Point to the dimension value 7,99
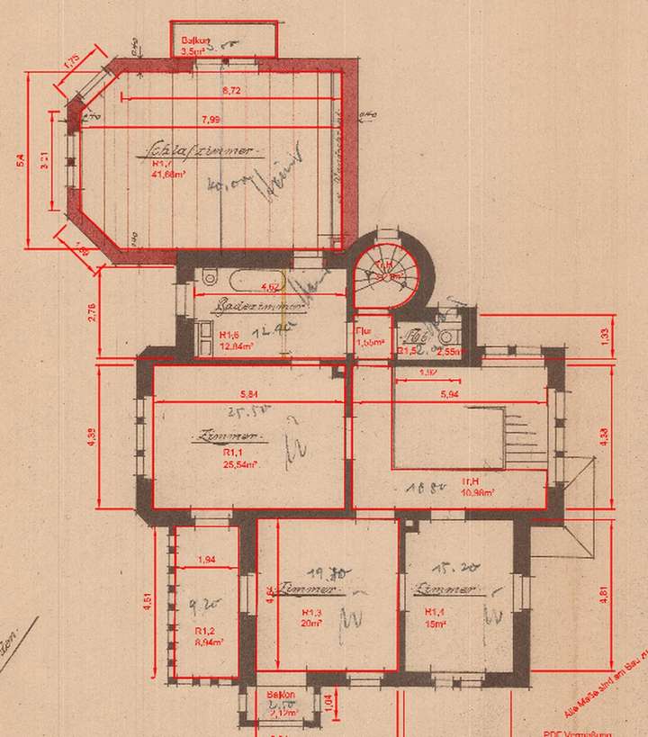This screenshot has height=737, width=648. pyautogui.click(x=211, y=120)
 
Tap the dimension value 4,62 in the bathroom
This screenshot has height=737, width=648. pyautogui.click(x=268, y=287)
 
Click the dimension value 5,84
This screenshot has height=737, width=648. pyautogui.click(x=249, y=394)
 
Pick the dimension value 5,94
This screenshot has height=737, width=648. pyautogui.click(x=451, y=394)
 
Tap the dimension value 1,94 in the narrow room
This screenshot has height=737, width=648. pyautogui.click(x=206, y=561)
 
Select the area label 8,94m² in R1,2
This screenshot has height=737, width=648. pyautogui.click(x=208, y=643)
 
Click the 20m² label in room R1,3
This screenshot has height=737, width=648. pyautogui.click(x=310, y=621)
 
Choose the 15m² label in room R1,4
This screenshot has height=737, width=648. pyautogui.click(x=436, y=621)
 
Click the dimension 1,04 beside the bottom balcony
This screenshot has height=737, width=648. pyautogui.click(x=328, y=701)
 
